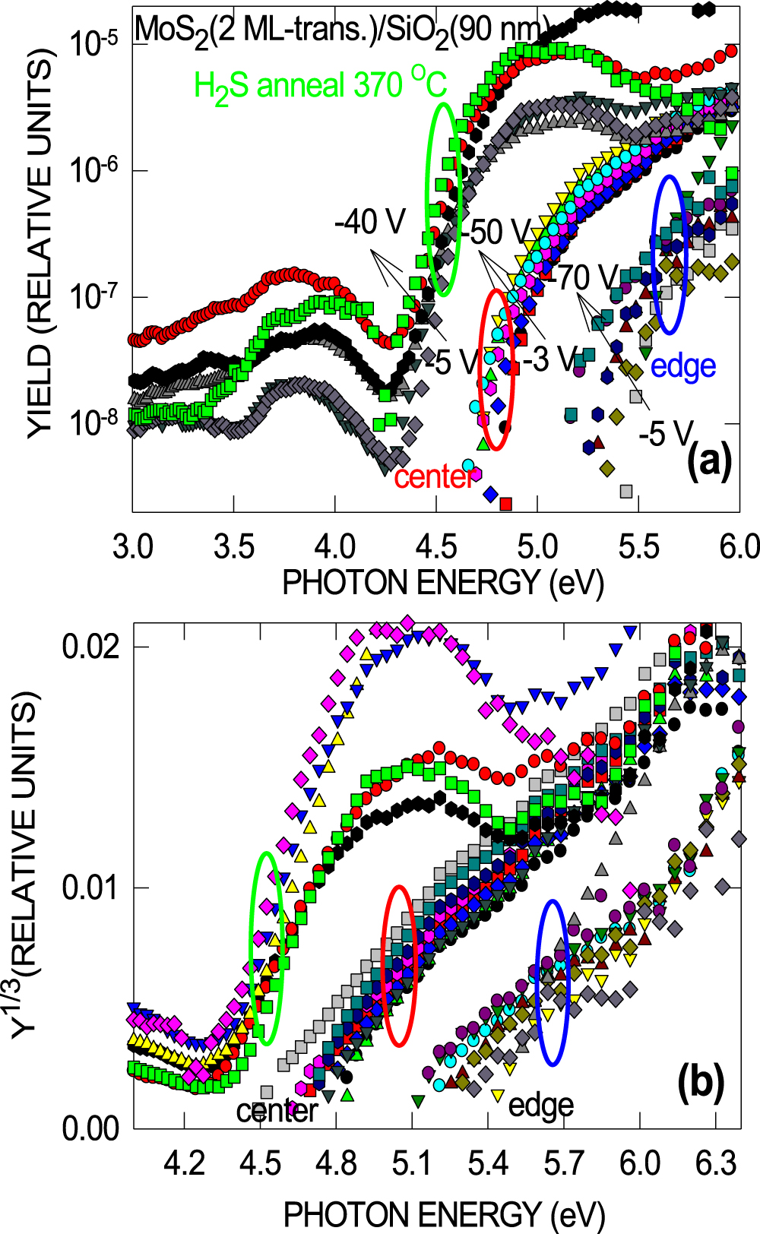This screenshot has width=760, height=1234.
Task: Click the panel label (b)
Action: click(x=700, y=1081)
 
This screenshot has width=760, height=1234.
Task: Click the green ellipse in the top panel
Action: click(x=442, y=198)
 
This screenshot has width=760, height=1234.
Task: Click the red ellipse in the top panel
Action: click(x=496, y=369)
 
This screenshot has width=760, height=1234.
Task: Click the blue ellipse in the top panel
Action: click(x=670, y=255)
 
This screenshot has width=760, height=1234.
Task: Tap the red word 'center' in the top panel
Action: click(x=434, y=477)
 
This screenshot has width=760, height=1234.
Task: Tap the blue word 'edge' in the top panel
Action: click(x=683, y=366)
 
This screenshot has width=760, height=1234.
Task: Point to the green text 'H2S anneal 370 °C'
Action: click(x=320, y=85)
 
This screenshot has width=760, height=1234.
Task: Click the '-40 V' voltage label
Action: click(x=369, y=222)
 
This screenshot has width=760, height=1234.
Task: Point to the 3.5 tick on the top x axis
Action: click(x=234, y=547)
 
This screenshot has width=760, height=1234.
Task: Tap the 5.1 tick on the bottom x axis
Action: click(x=412, y=1163)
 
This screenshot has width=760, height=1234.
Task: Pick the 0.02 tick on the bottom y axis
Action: click(x=91, y=647)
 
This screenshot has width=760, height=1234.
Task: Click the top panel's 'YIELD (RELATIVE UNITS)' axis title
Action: click(x=40, y=243)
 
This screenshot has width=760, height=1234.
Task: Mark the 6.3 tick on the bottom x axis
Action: click(x=716, y=1163)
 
